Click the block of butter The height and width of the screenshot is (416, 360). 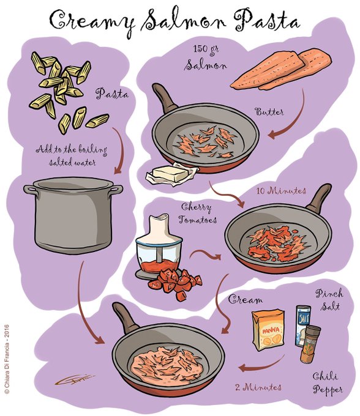tap(171, 173)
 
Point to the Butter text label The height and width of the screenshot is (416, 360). tap(269, 112)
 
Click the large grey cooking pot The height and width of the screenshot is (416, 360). tap(73, 215)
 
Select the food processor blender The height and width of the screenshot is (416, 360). tap(159, 247)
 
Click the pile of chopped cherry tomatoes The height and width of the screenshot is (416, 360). tap(175, 284)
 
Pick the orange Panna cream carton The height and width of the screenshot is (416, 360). tap(268, 329)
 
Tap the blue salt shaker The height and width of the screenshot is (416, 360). tap(302, 325)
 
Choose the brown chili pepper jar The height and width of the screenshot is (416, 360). tap(310, 344)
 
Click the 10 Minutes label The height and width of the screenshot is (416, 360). tap(281, 190)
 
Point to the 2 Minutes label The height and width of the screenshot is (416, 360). tap(258, 387)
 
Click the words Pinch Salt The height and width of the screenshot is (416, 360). tap(330, 300)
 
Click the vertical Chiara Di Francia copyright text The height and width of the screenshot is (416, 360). tap(7, 359)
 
